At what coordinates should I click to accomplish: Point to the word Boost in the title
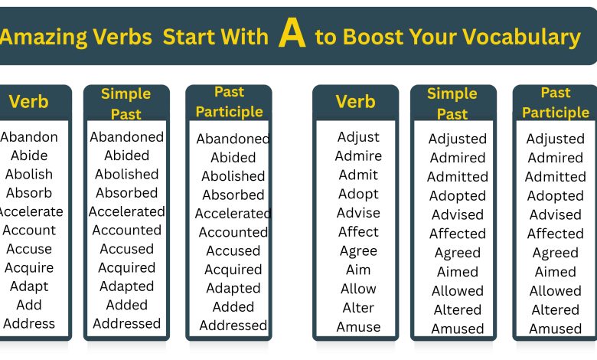tap(369, 36)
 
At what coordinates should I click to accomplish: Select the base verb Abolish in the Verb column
tap(29, 175)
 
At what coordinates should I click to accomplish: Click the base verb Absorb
tap(29, 193)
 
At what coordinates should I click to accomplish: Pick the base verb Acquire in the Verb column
tap(29, 267)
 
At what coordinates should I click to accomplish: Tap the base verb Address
tap(29, 323)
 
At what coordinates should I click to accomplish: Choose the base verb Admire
tap(358, 156)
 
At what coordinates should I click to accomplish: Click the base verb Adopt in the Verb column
tap(358, 194)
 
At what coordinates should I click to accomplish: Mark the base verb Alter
tap(358, 308)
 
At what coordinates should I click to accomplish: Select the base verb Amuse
tap(358, 327)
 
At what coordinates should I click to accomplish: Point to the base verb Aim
tap(358, 270)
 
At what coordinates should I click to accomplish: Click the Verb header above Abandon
tap(28, 102)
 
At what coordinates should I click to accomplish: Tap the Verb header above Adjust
tap(356, 102)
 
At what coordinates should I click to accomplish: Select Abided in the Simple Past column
tap(127, 155)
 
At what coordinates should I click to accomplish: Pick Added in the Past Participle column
tap(233, 307)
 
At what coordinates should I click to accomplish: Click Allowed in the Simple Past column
tap(458, 291)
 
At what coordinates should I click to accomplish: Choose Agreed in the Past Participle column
tap(556, 253)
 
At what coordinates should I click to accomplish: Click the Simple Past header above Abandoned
tap(126, 104)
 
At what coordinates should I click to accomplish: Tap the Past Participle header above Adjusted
tap(556, 103)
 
